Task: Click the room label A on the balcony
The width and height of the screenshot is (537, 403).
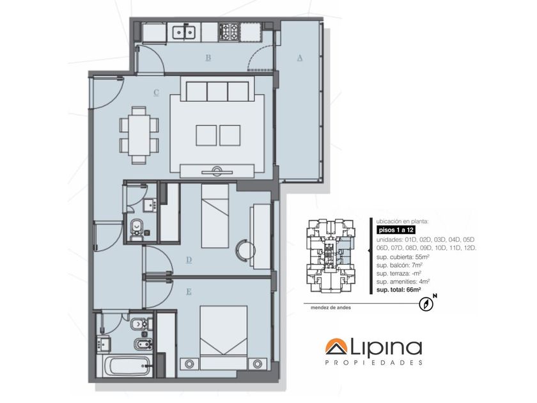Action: tap(300, 58)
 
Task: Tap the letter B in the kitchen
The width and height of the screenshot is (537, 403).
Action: tap(208, 58)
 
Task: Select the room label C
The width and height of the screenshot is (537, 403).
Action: tap(156, 93)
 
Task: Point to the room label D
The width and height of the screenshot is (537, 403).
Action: tap(189, 260)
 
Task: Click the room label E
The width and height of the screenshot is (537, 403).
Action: tap(189, 292)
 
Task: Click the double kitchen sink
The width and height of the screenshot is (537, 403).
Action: tap(184, 32)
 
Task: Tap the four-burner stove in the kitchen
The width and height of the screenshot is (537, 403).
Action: tap(228, 31)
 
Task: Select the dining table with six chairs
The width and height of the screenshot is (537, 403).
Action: tap(139, 135)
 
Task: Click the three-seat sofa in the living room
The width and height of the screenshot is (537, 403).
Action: tap(217, 91)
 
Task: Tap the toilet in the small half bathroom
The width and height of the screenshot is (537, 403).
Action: tap(137, 229)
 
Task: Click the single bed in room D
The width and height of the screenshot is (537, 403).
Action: tap(215, 216)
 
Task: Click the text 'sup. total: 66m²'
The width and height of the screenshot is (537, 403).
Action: tap(398, 290)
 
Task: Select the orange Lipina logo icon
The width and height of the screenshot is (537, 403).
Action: tap(336, 347)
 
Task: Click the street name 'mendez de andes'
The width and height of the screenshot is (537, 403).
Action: tap(331, 308)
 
